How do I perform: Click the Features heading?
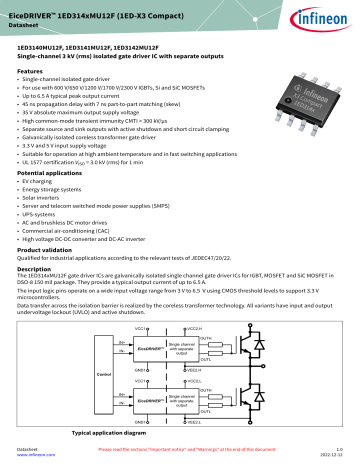click(x=33, y=73)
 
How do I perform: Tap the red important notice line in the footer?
click(x=180, y=449)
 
